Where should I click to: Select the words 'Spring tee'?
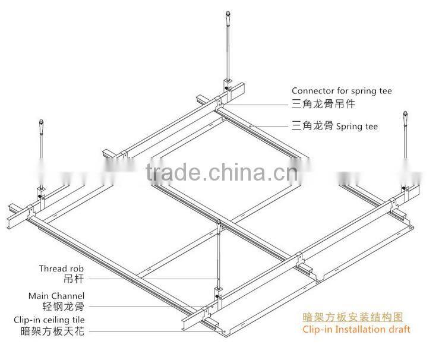coord(357,126)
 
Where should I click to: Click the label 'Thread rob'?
coord(62,269)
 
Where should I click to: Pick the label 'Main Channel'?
coord(56,295)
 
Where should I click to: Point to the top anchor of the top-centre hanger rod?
coord(228,14)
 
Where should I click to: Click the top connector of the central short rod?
coord(219,225)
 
